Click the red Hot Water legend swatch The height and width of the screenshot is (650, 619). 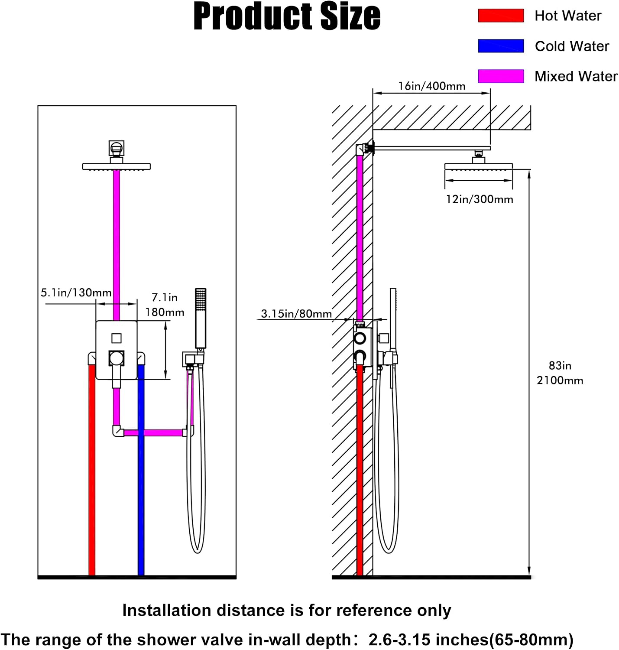click(x=501, y=16)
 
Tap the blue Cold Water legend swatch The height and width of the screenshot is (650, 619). click(x=501, y=46)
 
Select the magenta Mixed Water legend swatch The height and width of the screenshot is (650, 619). click(x=501, y=76)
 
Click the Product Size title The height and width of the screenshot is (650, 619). click(x=287, y=16)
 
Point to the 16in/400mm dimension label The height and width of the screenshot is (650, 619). click(x=431, y=86)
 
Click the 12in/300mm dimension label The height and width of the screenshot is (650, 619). click(x=480, y=199)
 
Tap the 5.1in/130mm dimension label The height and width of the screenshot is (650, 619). click(x=76, y=292)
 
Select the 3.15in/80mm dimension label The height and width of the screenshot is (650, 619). click(x=296, y=314)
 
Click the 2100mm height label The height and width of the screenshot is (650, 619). click(x=560, y=380)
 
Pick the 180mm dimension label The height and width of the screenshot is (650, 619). click(x=165, y=312)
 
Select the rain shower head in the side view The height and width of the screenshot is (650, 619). click(x=479, y=166)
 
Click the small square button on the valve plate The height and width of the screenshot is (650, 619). click(x=117, y=338)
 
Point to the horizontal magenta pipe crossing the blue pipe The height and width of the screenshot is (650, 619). click(x=153, y=432)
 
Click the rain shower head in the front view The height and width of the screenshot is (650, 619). click(x=117, y=166)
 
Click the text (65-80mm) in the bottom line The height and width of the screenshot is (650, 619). click(x=531, y=640)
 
